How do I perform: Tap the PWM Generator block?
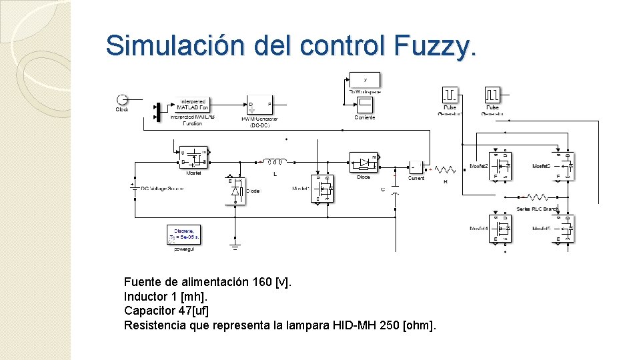[x=259, y=104]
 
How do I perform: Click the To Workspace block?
[x=365, y=79]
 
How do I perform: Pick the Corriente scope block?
[x=365, y=105]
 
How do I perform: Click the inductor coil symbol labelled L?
[x=274, y=161]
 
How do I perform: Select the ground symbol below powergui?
[x=235, y=245]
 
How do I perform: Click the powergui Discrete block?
[x=183, y=235]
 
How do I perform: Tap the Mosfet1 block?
[x=322, y=189]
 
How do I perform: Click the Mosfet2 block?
[x=500, y=165]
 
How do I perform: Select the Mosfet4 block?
[x=500, y=228]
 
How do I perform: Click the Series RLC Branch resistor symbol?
[x=537, y=197]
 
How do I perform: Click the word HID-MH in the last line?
[x=354, y=325]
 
